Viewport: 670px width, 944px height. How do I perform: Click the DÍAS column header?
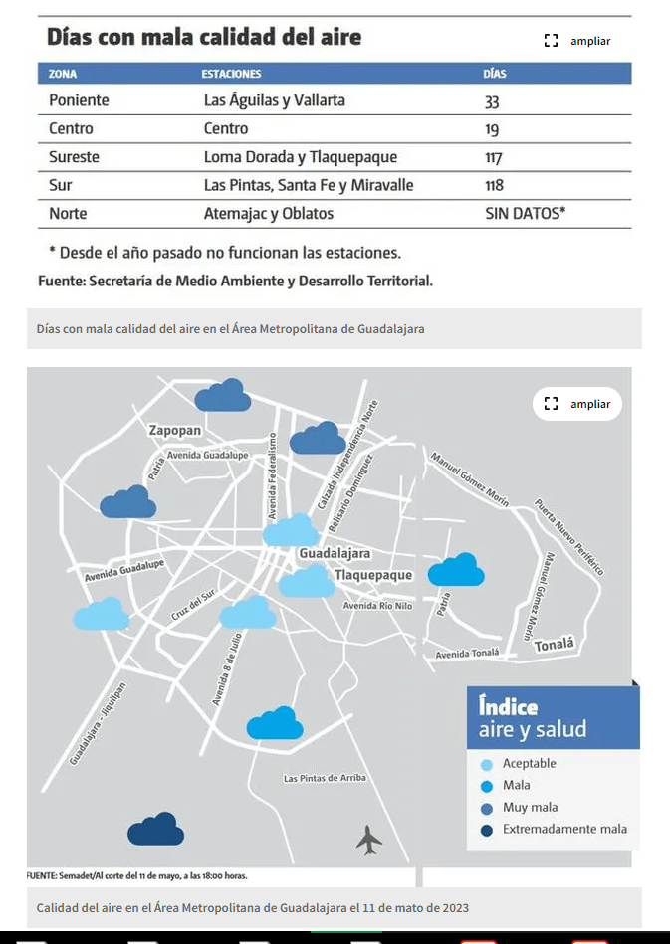[x=495, y=74]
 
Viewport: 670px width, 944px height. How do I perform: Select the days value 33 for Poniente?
[x=492, y=100]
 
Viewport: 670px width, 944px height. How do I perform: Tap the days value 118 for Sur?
[x=494, y=185]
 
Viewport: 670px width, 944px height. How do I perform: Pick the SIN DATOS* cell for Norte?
[x=525, y=213]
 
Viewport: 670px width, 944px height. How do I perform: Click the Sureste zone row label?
[x=74, y=157]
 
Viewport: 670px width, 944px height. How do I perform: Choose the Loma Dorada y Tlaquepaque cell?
[x=300, y=157]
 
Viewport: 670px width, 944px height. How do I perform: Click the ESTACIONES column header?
[x=231, y=74]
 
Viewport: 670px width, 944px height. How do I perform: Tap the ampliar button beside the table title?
[x=578, y=41]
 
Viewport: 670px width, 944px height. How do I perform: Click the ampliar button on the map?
[x=578, y=404]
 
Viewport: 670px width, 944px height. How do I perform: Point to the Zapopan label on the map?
[x=174, y=431]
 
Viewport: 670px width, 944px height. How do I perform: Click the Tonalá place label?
[x=555, y=645]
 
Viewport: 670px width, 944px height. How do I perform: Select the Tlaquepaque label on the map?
[x=372, y=575]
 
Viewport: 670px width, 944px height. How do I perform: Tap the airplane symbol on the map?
[x=369, y=841]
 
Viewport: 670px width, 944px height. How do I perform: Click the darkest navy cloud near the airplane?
[x=155, y=829]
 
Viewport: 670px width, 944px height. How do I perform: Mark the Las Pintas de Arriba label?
[x=325, y=778]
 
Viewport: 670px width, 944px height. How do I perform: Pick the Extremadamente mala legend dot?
[x=487, y=829]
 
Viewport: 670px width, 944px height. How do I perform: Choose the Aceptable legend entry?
[x=529, y=763]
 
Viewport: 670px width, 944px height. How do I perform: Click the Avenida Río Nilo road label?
[x=377, y=606]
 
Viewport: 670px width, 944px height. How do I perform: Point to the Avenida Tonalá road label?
[x=467, y=654]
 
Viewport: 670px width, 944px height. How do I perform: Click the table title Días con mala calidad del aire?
[x=204, y=38]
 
